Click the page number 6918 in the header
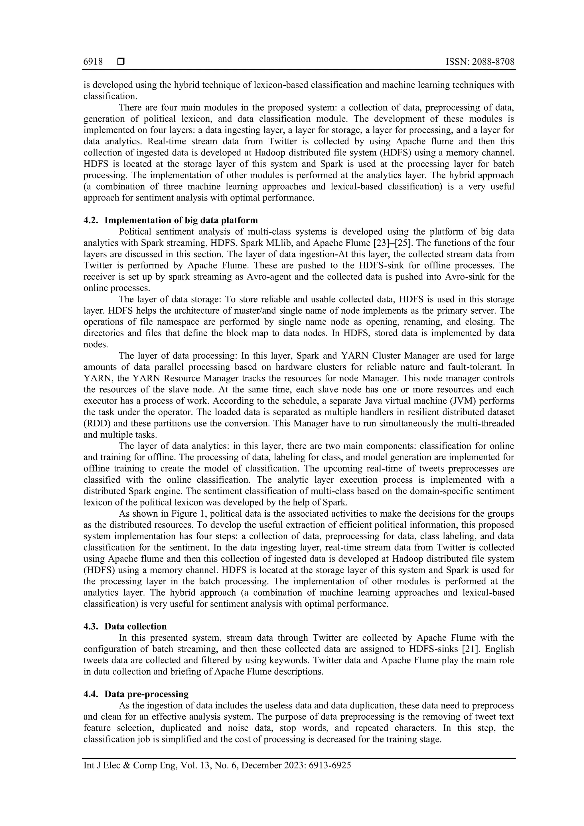(x=93, y=62)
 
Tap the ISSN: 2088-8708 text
(x=480, y=62)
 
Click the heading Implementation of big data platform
(x=181, y=220)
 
